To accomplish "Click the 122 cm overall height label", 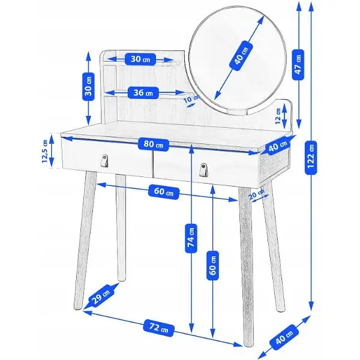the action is point(311,157).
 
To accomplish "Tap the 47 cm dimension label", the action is point(298,65).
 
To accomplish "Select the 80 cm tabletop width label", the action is point(154,144).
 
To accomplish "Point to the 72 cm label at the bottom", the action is point(158,328).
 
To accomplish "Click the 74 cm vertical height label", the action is point(191,239).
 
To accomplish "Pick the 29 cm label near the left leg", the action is point(101,295).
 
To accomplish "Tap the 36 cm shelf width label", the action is point(143,92).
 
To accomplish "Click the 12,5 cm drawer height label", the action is point(45,151).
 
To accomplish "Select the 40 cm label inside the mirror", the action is point(241,56).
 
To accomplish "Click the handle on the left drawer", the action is point(105,160).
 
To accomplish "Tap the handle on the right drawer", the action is point(203,170).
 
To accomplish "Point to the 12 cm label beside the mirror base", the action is point(278,116).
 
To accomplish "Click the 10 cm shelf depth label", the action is point(191,99).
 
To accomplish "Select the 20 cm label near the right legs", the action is point(256,194).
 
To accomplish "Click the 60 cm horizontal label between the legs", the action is point(163,192).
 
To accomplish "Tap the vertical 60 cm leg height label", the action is point(212,266).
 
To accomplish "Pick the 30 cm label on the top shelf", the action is point(140,59).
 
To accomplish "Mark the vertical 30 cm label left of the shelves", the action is point(88,86).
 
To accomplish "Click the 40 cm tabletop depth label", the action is point(278,146).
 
